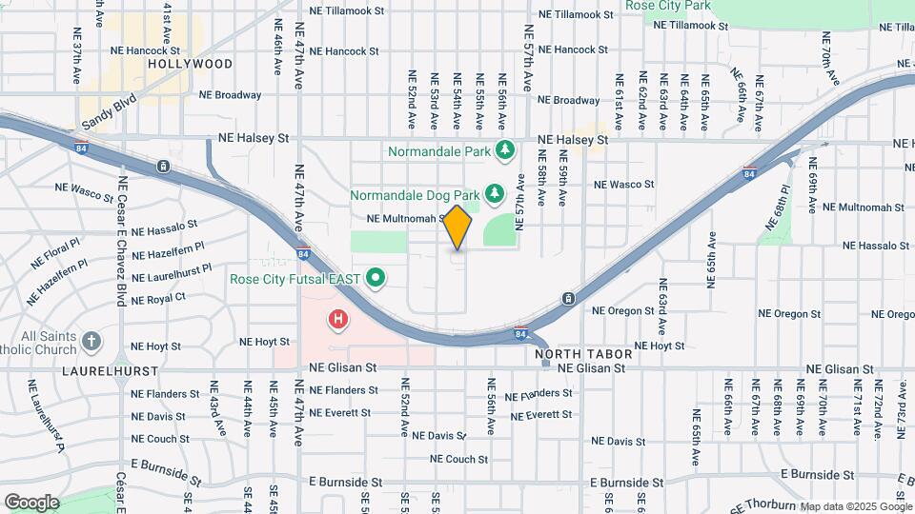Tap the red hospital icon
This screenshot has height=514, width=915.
(336, 320)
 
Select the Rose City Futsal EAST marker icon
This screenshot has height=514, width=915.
(376, 279)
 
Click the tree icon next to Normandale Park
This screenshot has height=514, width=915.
(505, 150)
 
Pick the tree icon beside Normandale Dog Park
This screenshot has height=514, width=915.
(494, 194)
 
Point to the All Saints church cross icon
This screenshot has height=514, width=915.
(91, 341)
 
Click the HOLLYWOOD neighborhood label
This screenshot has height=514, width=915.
(190, 64)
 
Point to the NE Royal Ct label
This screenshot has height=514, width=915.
(158, 299)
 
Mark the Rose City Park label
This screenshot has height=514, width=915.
(668, 6)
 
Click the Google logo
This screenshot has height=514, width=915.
(31, 502)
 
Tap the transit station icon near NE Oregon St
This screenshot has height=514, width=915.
(568, 299)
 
